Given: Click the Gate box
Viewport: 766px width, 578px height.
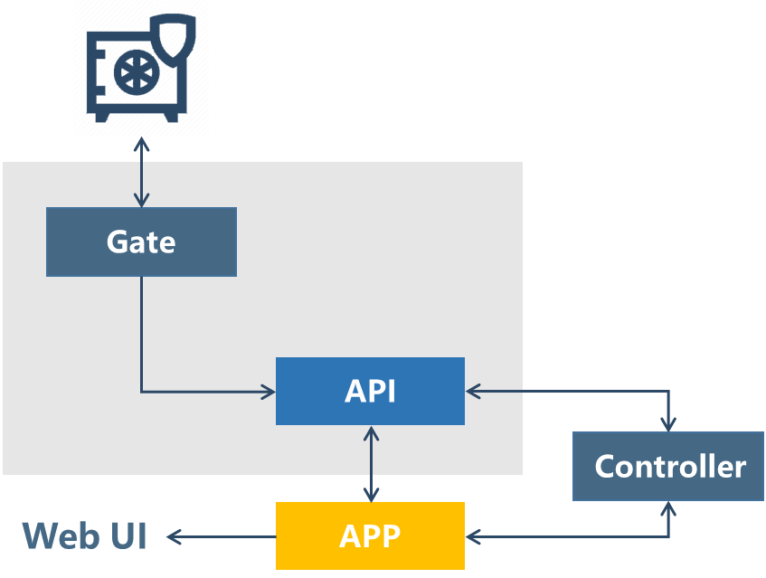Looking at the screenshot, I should [x=141, y=242].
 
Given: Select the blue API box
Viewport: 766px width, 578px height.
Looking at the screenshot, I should [x=370, y=392].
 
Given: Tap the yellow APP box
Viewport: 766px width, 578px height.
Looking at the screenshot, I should [x=370, y=536].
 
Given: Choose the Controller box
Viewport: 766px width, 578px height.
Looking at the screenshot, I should [x=668, y=467].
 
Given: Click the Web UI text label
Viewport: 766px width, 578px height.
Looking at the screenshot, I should [x=85, y=536].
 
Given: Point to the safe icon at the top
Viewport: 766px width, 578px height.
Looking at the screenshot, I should [x=141, y=68].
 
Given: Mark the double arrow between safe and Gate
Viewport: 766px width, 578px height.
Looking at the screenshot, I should [x=141, y=172].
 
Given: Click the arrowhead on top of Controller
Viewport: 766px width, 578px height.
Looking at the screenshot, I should [x=669, y=423].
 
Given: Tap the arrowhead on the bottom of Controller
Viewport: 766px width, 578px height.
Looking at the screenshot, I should [x=669, y=508].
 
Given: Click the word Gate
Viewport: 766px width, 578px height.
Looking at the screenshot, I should [x=141, y=242].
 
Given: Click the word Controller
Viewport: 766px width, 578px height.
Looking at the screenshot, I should [x=669, y=467].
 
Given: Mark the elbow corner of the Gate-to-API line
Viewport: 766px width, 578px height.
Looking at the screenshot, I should [x=141, y=392].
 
